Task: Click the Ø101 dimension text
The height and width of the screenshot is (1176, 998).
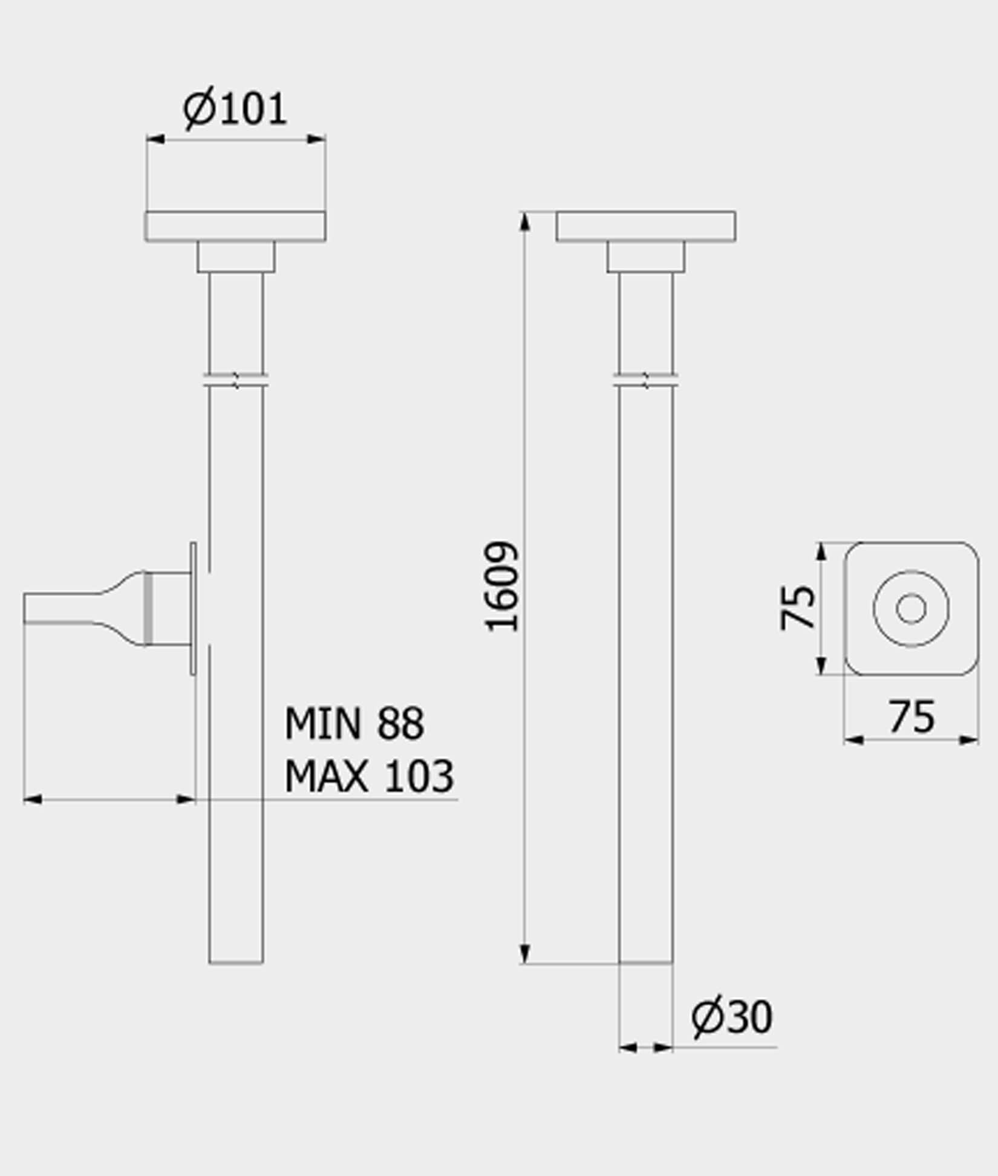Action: point(235,109)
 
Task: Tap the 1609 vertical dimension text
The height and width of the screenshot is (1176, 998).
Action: point(501,586)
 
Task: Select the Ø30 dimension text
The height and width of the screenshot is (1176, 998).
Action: point(731,1017)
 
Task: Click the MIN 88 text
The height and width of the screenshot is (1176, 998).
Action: point(354,723)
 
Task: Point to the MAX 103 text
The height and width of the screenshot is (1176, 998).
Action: point(369,776)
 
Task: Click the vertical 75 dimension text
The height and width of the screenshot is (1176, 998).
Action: point(797,607)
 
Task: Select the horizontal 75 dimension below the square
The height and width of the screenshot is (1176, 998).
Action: point(912,717)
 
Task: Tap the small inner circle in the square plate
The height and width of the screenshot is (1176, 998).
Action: point(911,608)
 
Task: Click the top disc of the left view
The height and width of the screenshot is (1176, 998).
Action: point(235,226)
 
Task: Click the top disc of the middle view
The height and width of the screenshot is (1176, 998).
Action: point(645,226)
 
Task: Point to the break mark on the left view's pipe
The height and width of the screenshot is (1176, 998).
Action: point(236,381)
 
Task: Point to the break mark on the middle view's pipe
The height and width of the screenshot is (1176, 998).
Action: point(645,381)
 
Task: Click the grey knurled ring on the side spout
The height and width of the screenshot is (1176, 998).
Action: point(148,608)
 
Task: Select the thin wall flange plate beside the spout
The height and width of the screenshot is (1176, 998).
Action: point(193,608)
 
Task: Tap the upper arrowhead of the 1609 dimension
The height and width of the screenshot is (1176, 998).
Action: point(524,222)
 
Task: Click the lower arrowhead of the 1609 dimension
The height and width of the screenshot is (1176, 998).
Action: point(524,953)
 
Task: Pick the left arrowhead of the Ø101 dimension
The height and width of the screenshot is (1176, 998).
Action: point(155,140)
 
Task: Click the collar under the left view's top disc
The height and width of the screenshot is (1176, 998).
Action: point(235,257)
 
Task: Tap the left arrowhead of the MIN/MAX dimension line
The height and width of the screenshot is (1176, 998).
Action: point(33,799)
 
